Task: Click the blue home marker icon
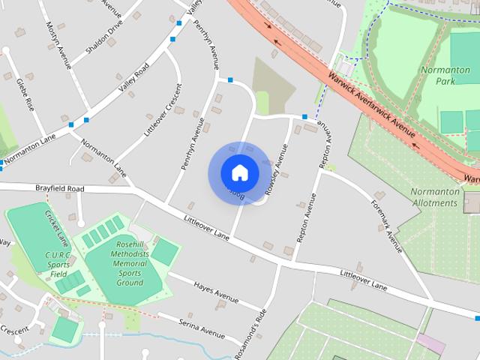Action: click(x=239, y=172)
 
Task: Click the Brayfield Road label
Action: click(x=59, y=187)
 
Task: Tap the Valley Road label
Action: click(x=133, y=78)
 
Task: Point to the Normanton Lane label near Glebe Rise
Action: click(x=28, y=150)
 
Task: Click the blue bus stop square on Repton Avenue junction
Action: click(x=304, y=117)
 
